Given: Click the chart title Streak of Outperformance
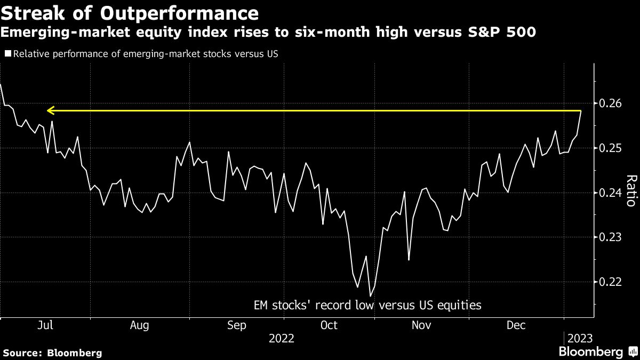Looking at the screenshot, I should (130, 12).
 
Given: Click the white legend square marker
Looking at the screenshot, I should (7, 54).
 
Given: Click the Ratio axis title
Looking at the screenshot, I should (630, 190).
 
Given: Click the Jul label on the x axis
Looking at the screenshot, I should (46, 325).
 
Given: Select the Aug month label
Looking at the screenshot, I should (139, 325).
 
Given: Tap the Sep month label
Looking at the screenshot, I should (236, 325).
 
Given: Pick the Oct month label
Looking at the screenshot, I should (329, 325).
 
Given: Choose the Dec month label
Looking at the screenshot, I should (516, 325).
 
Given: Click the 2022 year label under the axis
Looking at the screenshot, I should (282, 339).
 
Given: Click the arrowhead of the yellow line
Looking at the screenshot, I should (50, 111).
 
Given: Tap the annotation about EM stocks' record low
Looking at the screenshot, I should (367, 306).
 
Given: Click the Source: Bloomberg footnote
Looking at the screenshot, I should (52, 353).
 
